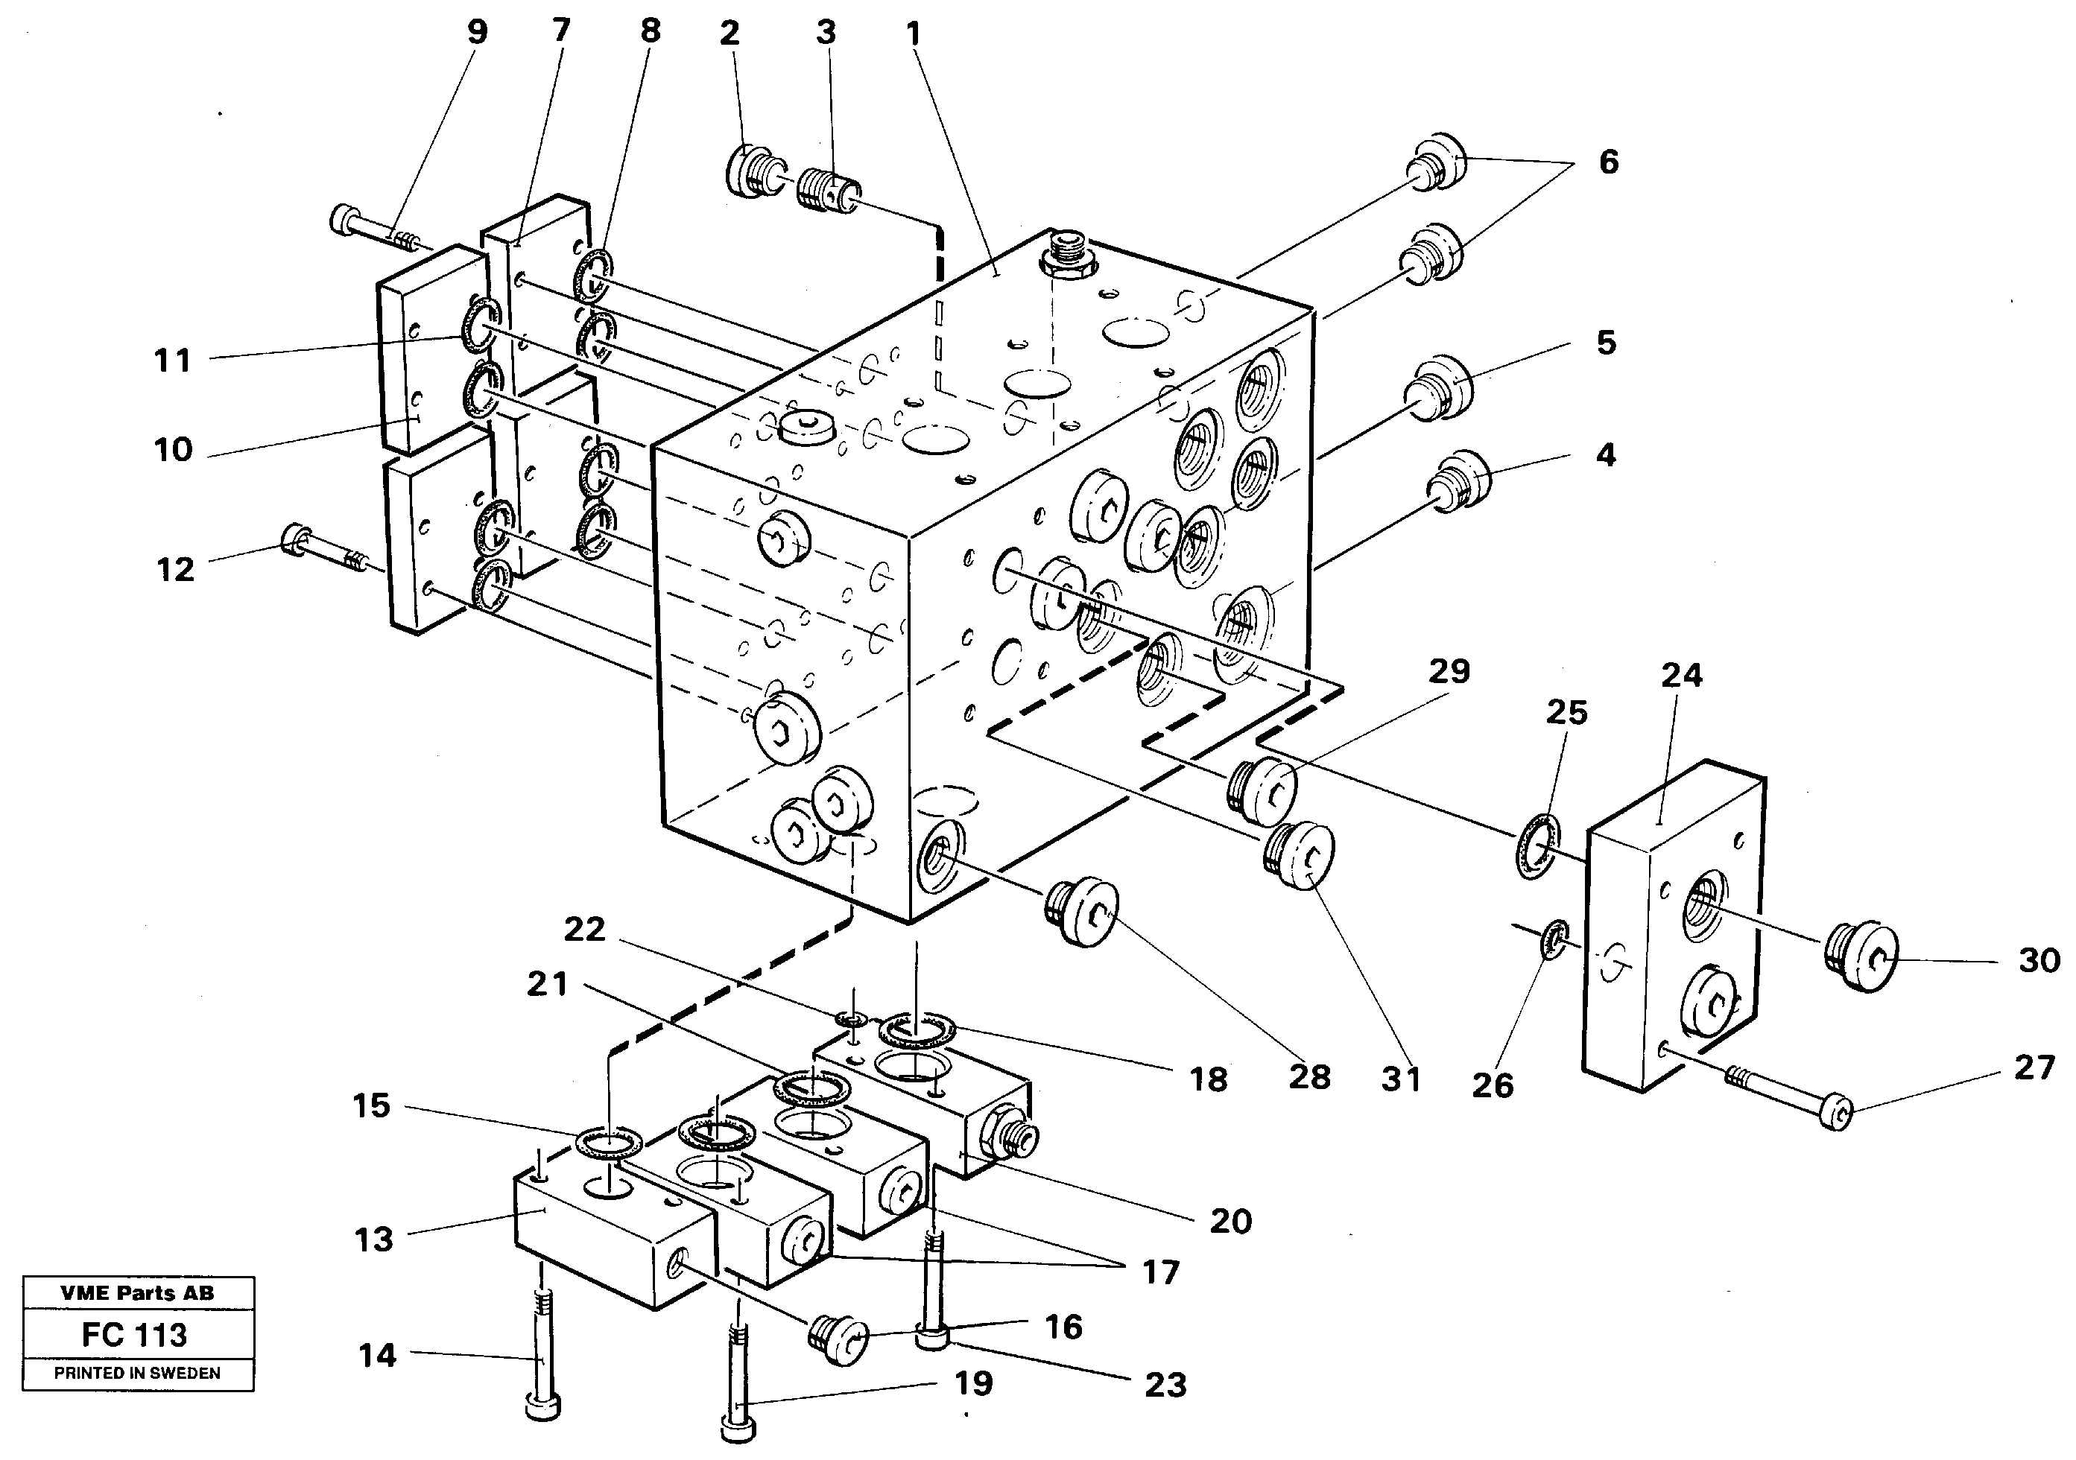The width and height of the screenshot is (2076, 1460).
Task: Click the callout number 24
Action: [1681, 676]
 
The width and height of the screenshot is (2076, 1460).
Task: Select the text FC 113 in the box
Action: [134, 1334]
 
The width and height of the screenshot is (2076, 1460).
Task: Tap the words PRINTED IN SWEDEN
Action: [137, 1373]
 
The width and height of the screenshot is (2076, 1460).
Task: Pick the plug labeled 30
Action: [1858, 958]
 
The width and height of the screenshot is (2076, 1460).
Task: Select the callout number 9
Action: [476, 33]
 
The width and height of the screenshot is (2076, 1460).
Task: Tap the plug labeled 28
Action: [1082, 911]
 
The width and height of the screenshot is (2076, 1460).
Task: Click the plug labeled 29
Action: [1262, 793]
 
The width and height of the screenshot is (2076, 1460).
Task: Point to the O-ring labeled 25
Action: [1538, 845]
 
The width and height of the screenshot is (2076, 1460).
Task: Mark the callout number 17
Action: [1161, 1273]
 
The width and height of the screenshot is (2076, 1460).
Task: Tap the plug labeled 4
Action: [1458, 480]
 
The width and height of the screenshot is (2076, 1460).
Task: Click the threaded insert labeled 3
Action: [828, 191]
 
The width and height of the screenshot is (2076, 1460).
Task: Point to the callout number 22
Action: [584, 930]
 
